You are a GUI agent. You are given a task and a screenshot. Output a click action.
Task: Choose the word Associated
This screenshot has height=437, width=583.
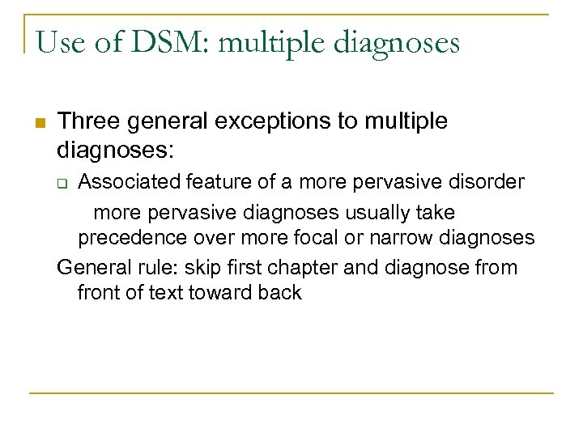[x=122, y=182]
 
